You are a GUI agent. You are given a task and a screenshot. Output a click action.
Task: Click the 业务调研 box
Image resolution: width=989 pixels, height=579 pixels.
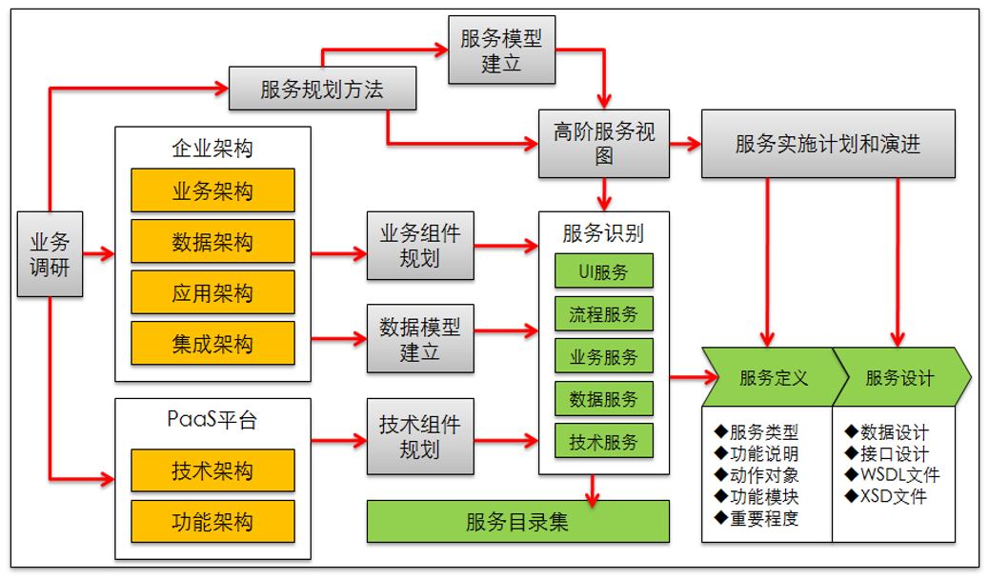click(x=50, y=254)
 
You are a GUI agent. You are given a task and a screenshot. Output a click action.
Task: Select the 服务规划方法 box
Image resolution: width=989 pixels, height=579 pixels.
click(x=322, y=90)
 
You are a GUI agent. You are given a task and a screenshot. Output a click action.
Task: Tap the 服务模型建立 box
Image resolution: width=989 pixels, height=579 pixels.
click(x=500, y=50)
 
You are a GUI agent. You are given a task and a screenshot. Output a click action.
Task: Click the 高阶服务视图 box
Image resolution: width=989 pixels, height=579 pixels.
click(x=604, y=144)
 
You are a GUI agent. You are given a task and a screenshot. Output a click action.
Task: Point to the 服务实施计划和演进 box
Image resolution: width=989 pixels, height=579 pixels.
click(x=828, y=144)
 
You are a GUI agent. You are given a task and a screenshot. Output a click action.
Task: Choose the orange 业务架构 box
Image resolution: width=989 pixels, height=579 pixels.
click(x=212, y=190)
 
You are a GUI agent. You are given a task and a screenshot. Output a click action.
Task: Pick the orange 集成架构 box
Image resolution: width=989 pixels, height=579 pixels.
click(x=212, y=343)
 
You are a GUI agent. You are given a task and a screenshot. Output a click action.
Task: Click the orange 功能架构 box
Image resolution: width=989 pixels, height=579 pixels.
click(x=212, y=522)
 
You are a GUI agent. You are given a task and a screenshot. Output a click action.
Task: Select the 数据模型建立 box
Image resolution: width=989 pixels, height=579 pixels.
click(x=419, y=339)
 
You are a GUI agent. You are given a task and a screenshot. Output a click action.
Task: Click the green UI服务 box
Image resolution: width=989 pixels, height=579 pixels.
click(x=604, y=271)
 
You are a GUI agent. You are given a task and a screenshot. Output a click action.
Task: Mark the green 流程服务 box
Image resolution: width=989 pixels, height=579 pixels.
click(x=604, y=313)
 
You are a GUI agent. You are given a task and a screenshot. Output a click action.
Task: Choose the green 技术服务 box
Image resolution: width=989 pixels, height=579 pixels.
click(x=604, y=441)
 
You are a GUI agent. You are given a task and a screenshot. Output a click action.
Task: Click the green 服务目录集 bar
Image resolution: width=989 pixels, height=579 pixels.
click(x=518, y=522)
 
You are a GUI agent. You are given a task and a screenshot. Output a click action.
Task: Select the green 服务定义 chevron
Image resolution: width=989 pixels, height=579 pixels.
click(x=770, y=377)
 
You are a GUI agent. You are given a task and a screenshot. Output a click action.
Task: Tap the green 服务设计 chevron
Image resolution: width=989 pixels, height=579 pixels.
click(x=900, y=377)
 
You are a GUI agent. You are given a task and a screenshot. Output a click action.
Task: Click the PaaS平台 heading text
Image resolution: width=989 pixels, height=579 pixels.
click(x=212, y=419)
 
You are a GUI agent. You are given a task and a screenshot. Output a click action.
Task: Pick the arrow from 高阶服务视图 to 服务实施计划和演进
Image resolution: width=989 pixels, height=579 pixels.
click(x=684, y=145)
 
